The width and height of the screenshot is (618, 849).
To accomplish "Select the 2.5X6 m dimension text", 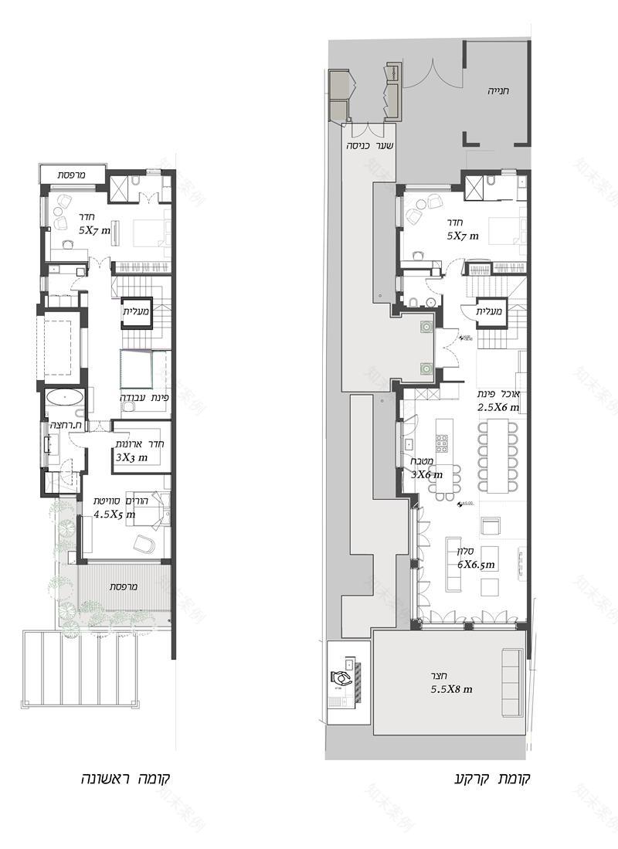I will [498, 407].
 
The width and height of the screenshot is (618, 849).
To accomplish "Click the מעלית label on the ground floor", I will [489, 311].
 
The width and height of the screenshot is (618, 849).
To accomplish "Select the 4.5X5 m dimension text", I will [114, 513].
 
